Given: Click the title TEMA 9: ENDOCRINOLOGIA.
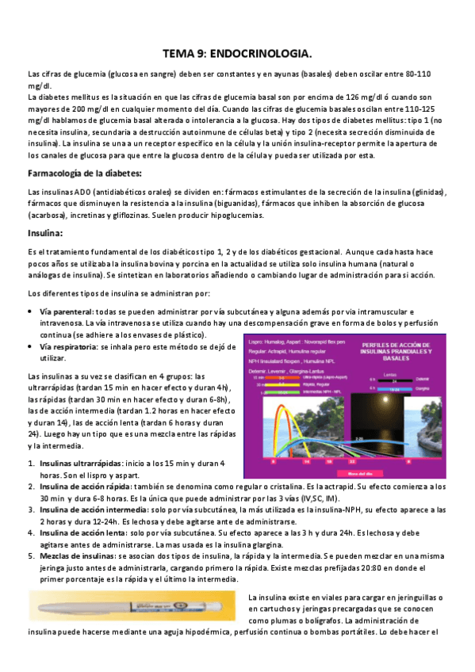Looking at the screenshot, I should click(x=237, y=55).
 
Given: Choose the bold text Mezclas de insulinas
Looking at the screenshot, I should click(x=74, y=557).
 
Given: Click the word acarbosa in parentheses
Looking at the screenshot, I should click(x=49, y=214).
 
